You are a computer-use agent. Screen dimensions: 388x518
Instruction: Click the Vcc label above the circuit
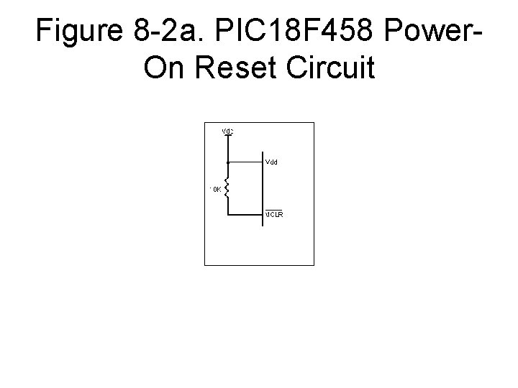227,131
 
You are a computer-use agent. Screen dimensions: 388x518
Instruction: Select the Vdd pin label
272,162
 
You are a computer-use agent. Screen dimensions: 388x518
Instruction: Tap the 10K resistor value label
216,188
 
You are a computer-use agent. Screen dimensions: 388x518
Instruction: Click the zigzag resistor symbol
228,189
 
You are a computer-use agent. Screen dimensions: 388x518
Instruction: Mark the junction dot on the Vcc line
228,161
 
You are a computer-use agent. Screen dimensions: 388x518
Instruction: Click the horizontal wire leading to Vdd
245,161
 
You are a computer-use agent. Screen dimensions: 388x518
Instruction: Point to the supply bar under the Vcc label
228,136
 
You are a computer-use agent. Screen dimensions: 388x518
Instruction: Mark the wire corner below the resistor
228,215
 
